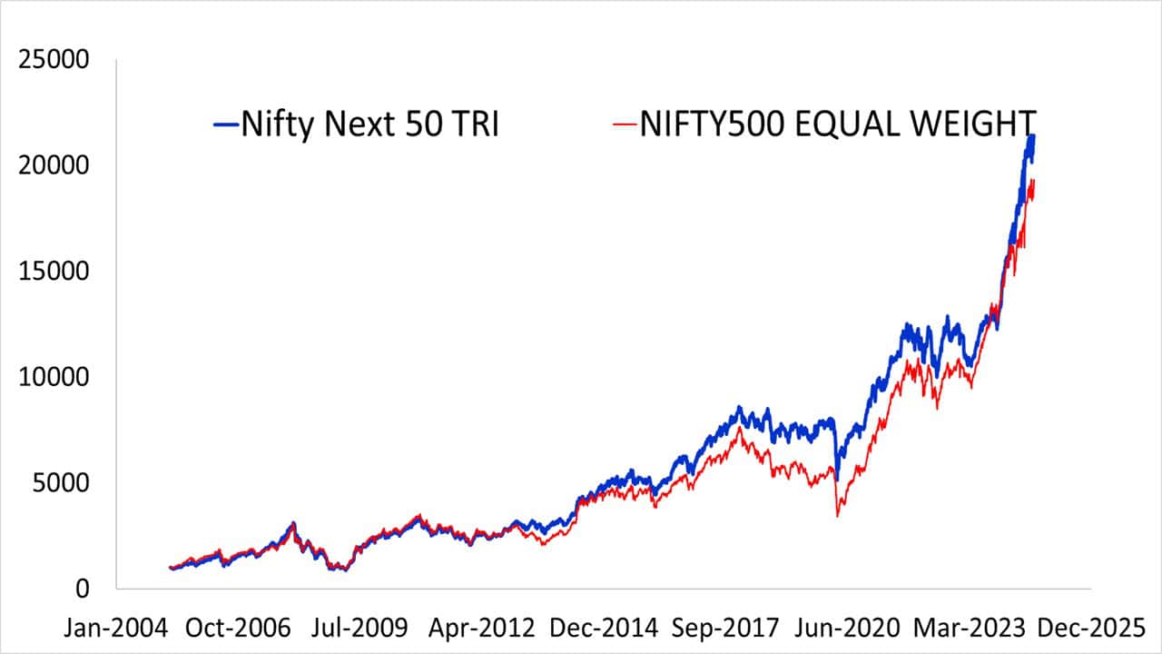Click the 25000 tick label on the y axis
54,61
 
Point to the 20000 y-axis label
54,166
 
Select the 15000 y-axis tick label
54,272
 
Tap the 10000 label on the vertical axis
54,377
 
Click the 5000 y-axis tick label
62,482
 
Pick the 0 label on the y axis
83,589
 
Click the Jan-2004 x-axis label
115,628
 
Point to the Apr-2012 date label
478,628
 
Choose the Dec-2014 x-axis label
598,628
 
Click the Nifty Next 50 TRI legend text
369,124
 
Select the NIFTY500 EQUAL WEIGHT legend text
837,124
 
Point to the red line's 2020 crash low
837,516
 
